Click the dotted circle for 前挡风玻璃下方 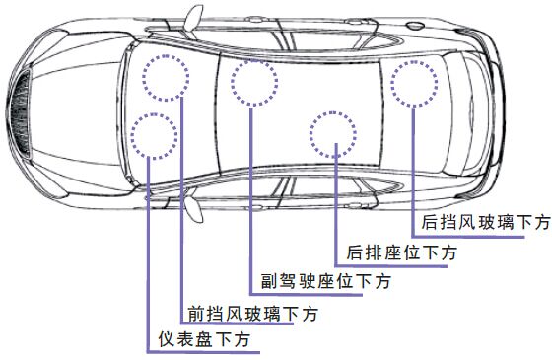[x=167, y=76]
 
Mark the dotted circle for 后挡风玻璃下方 [x=415, y=84]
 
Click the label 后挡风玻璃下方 [x=485, y=223]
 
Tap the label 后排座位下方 [x=403, y=253]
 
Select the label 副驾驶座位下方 [x=325, y=282]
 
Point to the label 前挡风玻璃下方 [x=253, y=315]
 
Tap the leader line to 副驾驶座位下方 [x=251, y=197]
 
